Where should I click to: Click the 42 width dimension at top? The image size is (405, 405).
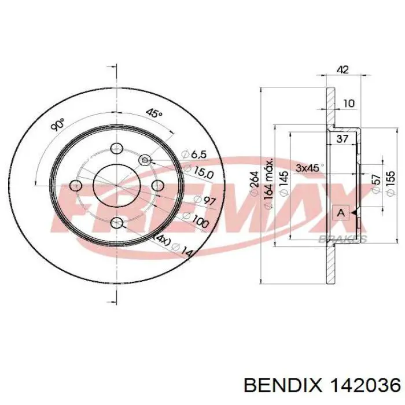(x=343, y=70)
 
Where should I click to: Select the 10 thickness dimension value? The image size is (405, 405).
(x=349, y=104)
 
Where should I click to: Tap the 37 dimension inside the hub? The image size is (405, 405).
(x=343, y=139)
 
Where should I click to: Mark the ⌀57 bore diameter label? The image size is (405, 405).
(x=376, y=183)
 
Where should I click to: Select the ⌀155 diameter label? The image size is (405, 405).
(x=391, y=183)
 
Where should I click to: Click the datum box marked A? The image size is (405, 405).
(x=341, y=213)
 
